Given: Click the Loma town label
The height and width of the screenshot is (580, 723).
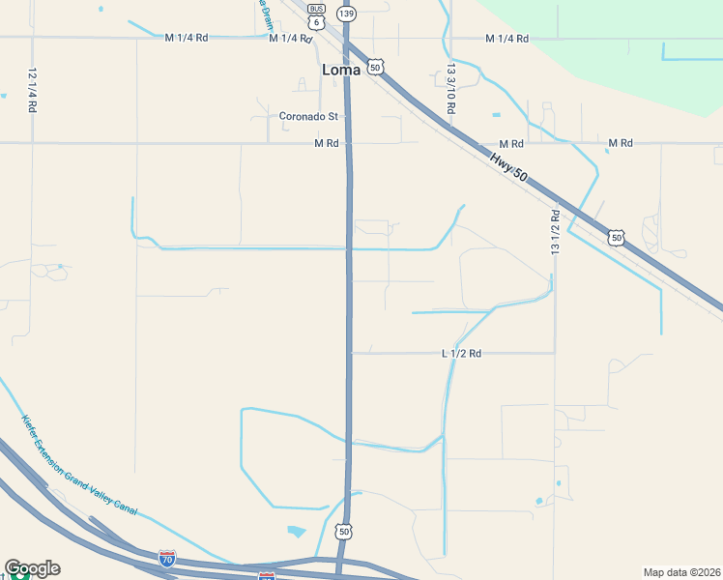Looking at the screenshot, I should point(341,70).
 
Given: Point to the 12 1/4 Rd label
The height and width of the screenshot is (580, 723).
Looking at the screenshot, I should point(32,91).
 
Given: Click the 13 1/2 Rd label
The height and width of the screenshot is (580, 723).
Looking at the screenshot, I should point(555,233).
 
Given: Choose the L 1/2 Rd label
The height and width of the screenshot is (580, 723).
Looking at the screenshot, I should point(461,354).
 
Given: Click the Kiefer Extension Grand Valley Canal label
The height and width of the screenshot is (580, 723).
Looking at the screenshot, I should point(79,465).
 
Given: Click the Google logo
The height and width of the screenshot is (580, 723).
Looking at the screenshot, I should point(32,568).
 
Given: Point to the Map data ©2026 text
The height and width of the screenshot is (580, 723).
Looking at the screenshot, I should point(680,572).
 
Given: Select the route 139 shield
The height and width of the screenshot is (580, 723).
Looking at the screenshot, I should point(346,13).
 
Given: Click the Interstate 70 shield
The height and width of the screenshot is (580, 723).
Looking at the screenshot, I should point(167,558).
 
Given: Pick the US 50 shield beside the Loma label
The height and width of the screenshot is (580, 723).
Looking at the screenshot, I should point(375,66).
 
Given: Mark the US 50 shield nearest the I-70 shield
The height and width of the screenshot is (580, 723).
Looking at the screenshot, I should point(343,532).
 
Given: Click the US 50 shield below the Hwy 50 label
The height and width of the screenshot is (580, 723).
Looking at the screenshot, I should point(616,237).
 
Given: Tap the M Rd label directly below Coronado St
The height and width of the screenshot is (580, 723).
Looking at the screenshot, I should point(326,143).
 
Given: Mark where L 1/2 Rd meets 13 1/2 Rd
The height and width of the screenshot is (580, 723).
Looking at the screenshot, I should point(555,353).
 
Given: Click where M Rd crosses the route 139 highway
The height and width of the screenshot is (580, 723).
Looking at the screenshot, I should point(348,144).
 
